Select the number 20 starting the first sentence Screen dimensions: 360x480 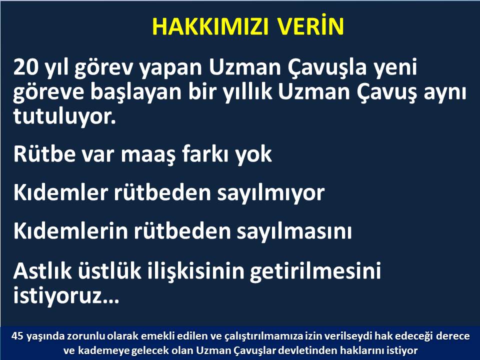[25, 67]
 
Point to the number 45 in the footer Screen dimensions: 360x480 [17, 336]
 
